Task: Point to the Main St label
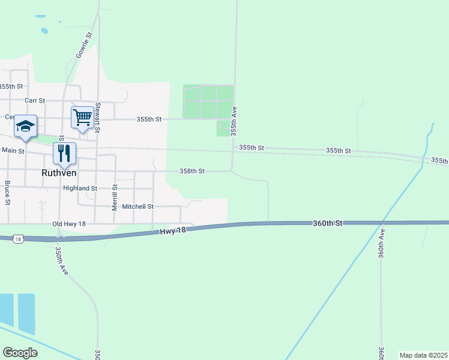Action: (x=13, y=151)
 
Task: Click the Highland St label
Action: (x=80, y=188)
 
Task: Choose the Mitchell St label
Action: (x=137, y=206)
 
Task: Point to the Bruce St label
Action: (x=8, y=192)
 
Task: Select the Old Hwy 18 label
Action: (x=69, y=224)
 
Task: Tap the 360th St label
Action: (x=327, y=223)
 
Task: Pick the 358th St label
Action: (x=192, y=172)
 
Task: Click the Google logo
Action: (x=20, y=352)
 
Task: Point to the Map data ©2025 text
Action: (x=423, y=355)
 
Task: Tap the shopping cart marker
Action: (x=82, y=117)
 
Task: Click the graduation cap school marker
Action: (x=26, y=125)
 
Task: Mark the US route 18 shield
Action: (x=19, y=239)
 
